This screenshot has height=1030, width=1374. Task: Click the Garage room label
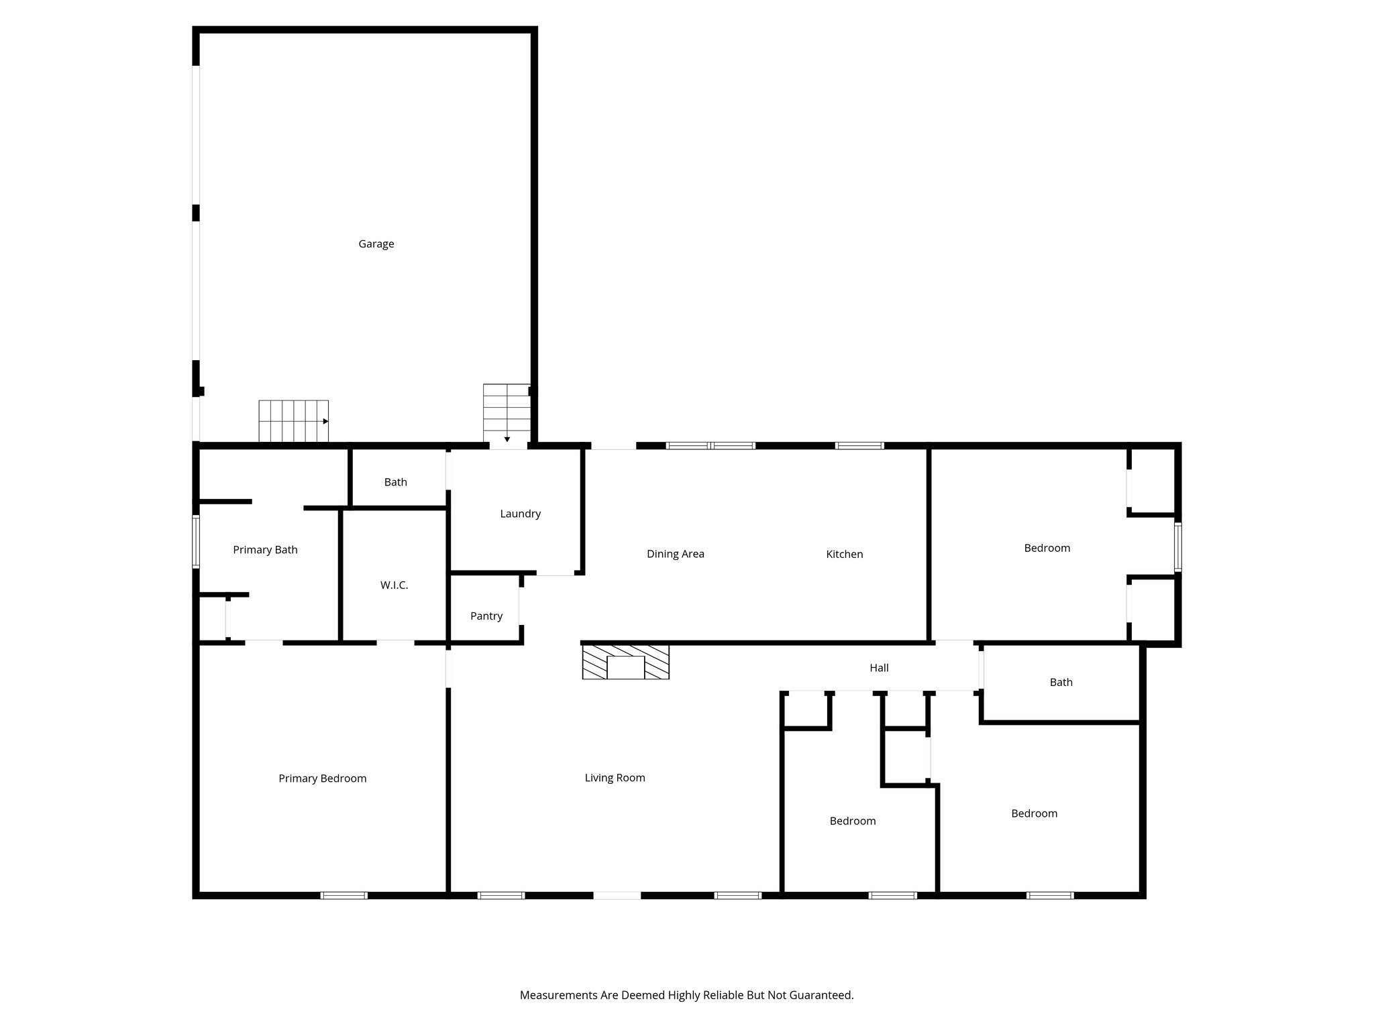376,244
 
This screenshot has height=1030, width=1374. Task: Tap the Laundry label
520,514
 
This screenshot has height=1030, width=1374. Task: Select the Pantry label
486,616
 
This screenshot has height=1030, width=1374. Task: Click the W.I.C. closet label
394,585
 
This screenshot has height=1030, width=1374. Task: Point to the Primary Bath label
265,550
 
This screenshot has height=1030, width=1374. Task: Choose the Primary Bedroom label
322,779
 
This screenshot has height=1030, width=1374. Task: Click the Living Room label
615,778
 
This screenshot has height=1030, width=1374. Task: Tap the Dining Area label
675,554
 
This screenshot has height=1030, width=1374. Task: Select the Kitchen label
844,554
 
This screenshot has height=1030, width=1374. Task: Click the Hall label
879,668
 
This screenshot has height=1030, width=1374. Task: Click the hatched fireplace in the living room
625,662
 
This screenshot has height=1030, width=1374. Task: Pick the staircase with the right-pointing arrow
294,421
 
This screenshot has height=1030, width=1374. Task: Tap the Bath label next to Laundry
395,482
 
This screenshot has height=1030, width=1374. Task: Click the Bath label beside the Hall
1061,682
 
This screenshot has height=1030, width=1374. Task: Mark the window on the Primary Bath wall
196,541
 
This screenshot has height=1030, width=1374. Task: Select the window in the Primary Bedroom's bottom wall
343,895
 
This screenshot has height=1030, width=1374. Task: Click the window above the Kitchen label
859,445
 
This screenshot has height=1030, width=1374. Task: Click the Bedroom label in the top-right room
1047,548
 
